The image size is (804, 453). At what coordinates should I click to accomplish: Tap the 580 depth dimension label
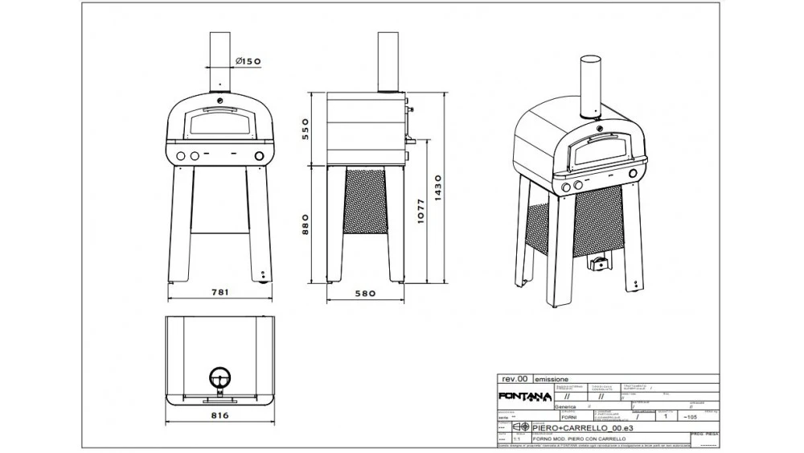tap(366, 294)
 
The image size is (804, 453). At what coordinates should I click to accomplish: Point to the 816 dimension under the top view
tap(219, 415)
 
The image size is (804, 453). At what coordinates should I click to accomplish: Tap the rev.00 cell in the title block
tap(514, 378)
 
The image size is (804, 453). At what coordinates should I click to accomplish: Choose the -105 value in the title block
tap(688, 418)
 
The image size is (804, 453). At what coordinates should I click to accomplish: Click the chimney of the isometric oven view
tap(591, 85)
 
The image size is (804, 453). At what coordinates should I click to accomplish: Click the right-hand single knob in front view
tap(259, 156)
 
